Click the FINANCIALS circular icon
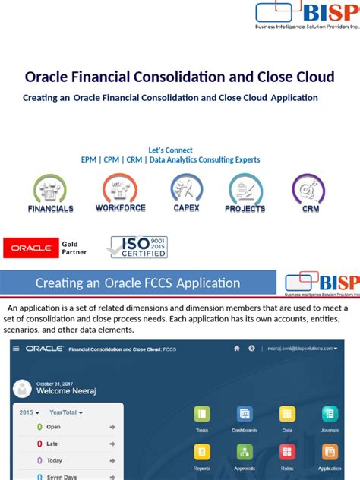[50, 188]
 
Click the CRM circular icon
[308, 188]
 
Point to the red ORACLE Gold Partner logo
[31, 248]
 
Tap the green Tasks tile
[202, 414]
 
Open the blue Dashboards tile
[245, 414]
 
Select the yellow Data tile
[287, 414]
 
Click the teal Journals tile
[330, 414]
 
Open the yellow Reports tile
[202, 453]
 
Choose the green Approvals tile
[245, 453]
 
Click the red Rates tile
[287, 453]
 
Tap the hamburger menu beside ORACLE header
[17, 349]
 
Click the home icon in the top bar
[237, 349]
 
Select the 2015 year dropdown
[28, 412]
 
